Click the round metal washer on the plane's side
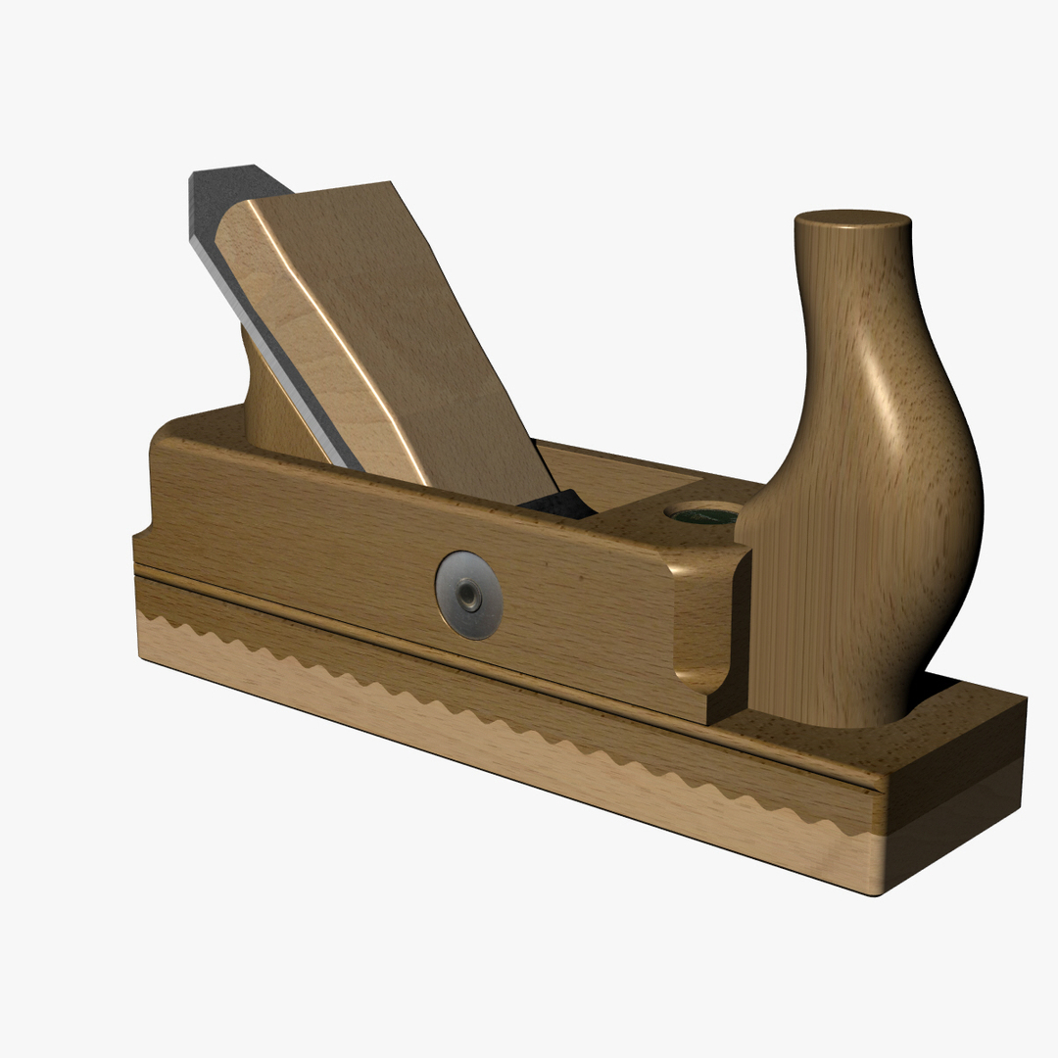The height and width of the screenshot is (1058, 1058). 469,595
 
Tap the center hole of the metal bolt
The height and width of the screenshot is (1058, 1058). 471,594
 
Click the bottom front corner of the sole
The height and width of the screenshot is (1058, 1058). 877,892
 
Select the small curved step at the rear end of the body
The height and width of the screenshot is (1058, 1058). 142,534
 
